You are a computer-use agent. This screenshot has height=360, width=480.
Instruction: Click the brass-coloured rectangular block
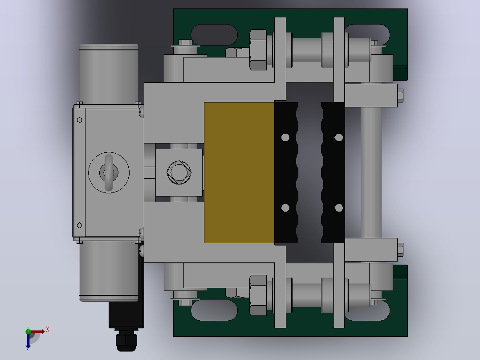pos(239,172)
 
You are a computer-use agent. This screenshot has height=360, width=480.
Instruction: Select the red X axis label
pos(48,330)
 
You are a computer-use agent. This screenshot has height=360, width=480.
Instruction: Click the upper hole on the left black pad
pos(285,138)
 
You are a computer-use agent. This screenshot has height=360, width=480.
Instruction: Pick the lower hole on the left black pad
pos(285,208)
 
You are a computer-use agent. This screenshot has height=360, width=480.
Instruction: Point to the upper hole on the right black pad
pos(339,138)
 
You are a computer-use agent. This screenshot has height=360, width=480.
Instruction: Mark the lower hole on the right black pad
pos(339,208)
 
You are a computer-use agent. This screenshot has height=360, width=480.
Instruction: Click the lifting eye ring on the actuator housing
pos(109,173)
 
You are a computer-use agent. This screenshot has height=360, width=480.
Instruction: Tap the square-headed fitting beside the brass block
pos(179,172)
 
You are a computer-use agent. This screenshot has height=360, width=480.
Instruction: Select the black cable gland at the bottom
pos(126,340)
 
